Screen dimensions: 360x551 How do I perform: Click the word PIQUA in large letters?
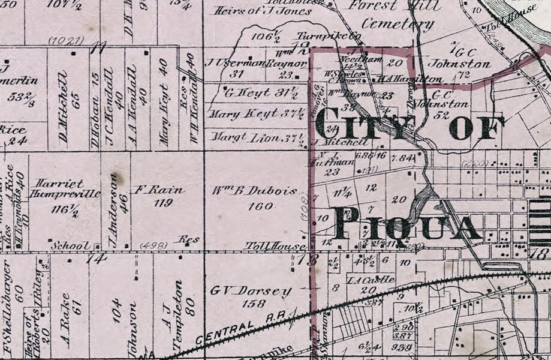point(408,223)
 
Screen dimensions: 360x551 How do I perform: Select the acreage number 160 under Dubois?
point(254,206)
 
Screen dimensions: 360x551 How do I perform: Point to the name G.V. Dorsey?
point(251,292)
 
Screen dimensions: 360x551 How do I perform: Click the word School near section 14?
point(66,246)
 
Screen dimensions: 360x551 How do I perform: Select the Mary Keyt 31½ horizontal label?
point(252,113)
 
